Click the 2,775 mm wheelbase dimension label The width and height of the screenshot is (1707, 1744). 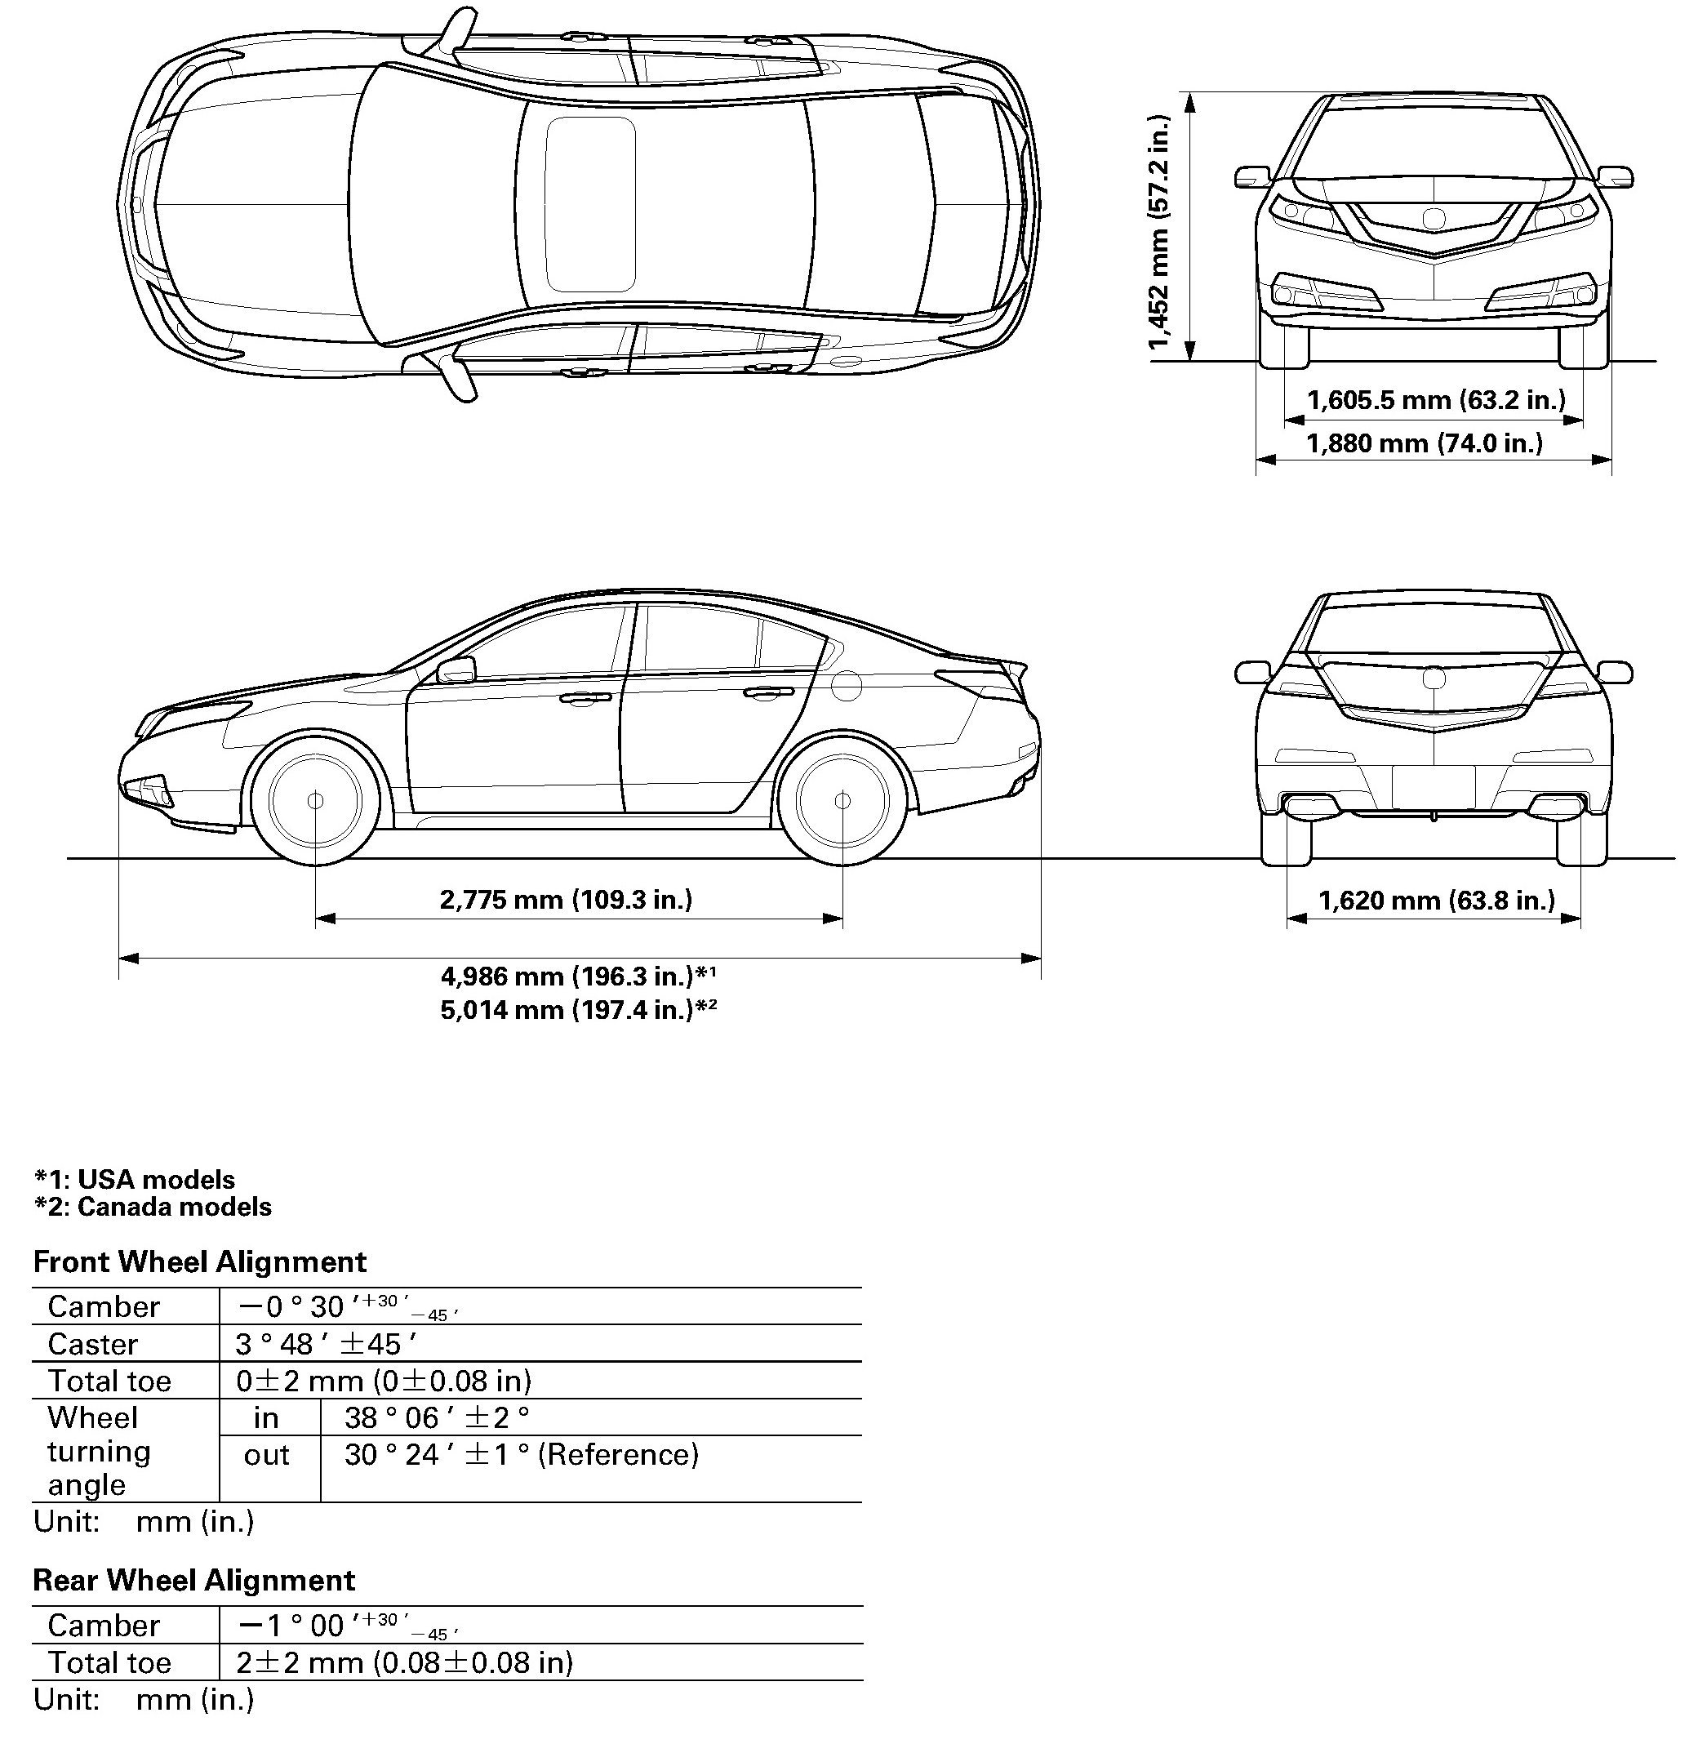coord(566,899)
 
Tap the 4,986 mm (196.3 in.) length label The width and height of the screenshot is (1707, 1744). coord(577,976)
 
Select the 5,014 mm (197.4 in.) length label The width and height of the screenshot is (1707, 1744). coord(577,1011)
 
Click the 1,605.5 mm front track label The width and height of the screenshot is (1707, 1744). coord(1435,400)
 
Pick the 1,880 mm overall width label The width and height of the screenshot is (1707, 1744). coord(1424,443)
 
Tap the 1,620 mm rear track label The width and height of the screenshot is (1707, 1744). coord(1436,901)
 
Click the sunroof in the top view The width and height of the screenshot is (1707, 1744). coord(590,204)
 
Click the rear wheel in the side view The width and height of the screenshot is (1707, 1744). coord(842,800)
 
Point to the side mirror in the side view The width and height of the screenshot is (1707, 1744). coord(456,669)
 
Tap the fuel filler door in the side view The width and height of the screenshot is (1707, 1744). coord(847,687)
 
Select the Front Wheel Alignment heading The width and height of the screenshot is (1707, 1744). coord(199,1262)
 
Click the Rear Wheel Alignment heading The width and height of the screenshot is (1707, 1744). coord(193,1580)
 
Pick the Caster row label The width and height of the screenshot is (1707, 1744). coord(93,1344)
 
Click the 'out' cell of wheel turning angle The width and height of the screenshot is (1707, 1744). coord(266,1455)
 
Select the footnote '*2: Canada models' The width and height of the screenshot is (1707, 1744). coord(153,1207)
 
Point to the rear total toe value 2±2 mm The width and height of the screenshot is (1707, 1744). coord(403,1662)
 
